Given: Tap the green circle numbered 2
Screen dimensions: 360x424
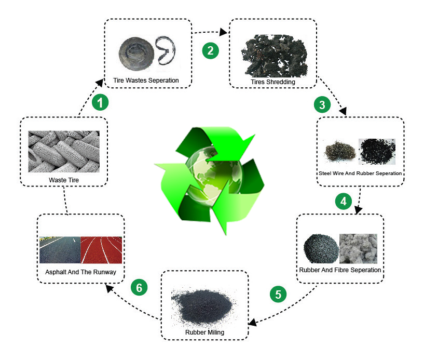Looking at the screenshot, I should (210, 50).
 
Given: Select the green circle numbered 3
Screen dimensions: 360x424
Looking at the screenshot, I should (322, 104).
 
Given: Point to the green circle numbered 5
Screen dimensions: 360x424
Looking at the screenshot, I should (278, 294).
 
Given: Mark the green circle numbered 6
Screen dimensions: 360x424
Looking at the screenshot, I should (138, 287).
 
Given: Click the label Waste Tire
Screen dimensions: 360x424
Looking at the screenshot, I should (63, 181).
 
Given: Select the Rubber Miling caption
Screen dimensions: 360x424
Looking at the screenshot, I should (204, 331).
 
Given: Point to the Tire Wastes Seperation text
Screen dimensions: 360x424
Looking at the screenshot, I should (146, 81).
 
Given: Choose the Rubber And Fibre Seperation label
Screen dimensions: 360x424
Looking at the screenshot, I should (340, 270).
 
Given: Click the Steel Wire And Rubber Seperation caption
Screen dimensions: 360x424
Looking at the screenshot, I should (361, 173).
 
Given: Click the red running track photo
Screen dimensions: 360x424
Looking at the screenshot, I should (101, 250).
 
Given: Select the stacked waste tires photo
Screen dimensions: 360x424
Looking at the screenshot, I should (63, 151).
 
